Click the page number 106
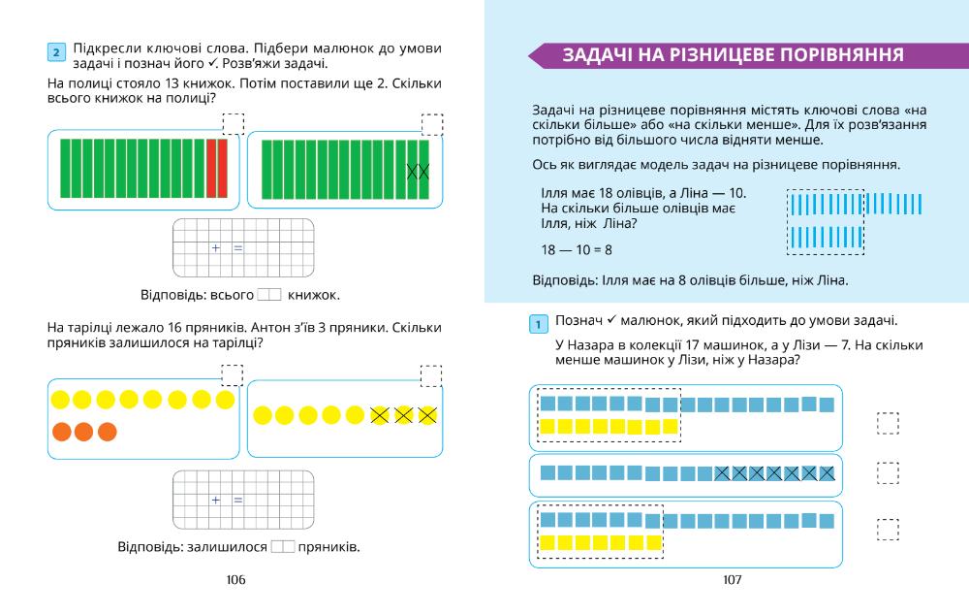[235, 580]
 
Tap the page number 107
[732, 580]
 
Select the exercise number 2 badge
[56, 50]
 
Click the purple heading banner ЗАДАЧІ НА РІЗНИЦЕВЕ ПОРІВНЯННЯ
[735, 53]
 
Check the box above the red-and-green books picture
[234, 124]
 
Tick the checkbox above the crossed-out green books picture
[432, 124]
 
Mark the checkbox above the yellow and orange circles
[233, 375]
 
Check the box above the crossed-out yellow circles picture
[432, 375]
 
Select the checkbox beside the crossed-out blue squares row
[887, 472]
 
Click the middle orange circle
[84, 431]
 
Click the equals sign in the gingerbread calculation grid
[237, 501]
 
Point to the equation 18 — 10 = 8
[577, 250]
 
